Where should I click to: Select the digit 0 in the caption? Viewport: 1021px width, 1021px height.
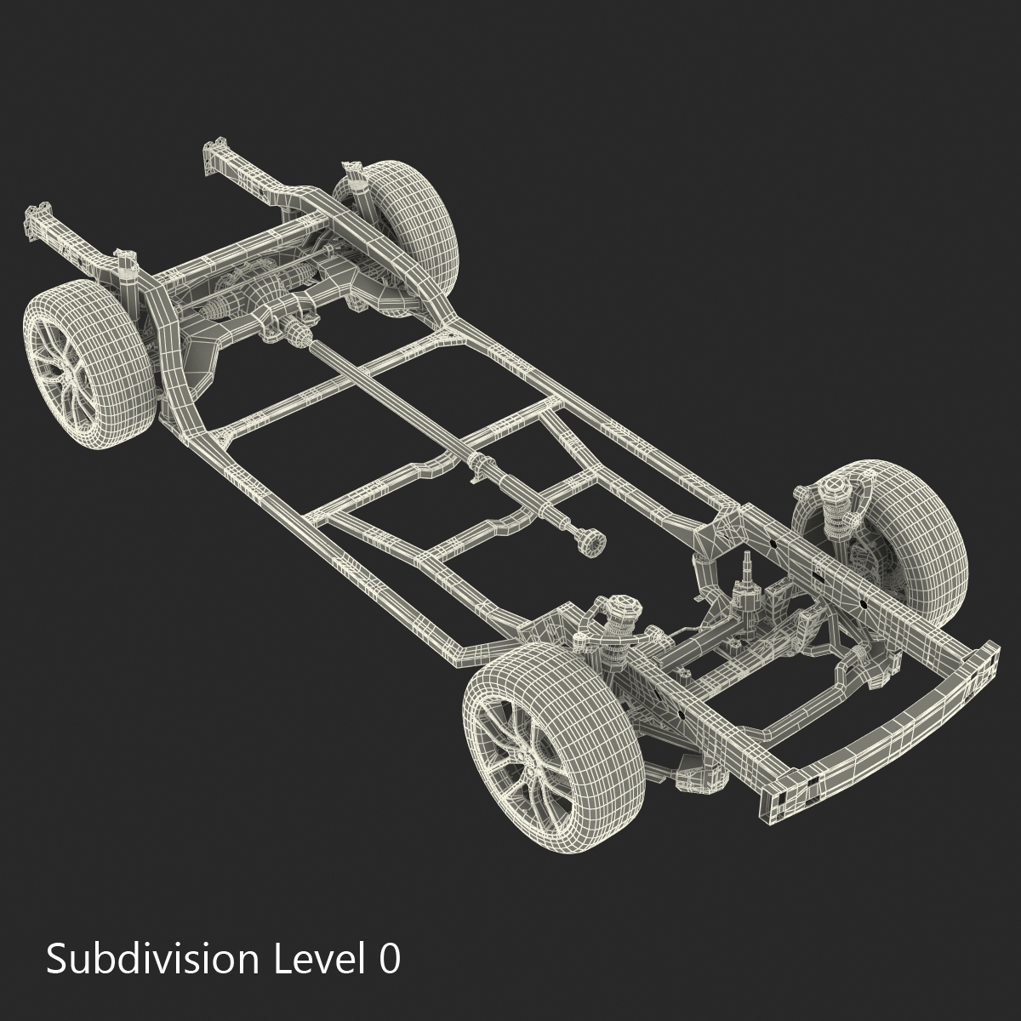tap(388, 959)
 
